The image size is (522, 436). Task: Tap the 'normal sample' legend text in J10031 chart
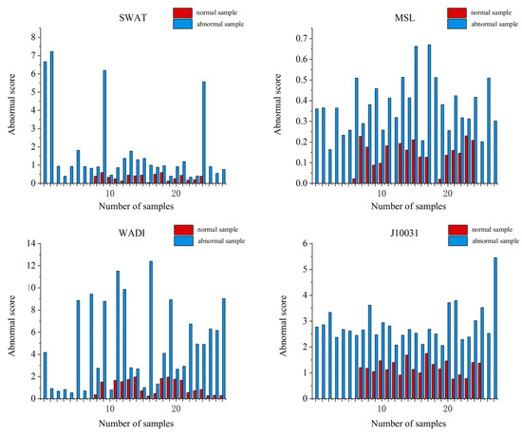point(494,229)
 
